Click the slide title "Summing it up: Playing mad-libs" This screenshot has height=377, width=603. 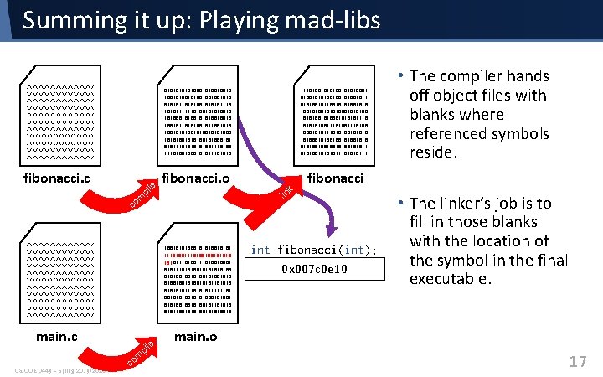tap(201, 20)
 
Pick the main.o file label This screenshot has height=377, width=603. tap(195, 338)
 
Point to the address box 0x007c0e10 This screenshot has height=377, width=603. tap(314, 269)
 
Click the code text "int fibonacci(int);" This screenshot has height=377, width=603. tap(314, 250)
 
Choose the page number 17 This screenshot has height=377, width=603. tap(577, 361)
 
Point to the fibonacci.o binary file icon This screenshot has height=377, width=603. tap(198, 118)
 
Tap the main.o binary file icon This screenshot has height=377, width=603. tap(198, 276)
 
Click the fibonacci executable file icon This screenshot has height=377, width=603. tap(333, 118)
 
